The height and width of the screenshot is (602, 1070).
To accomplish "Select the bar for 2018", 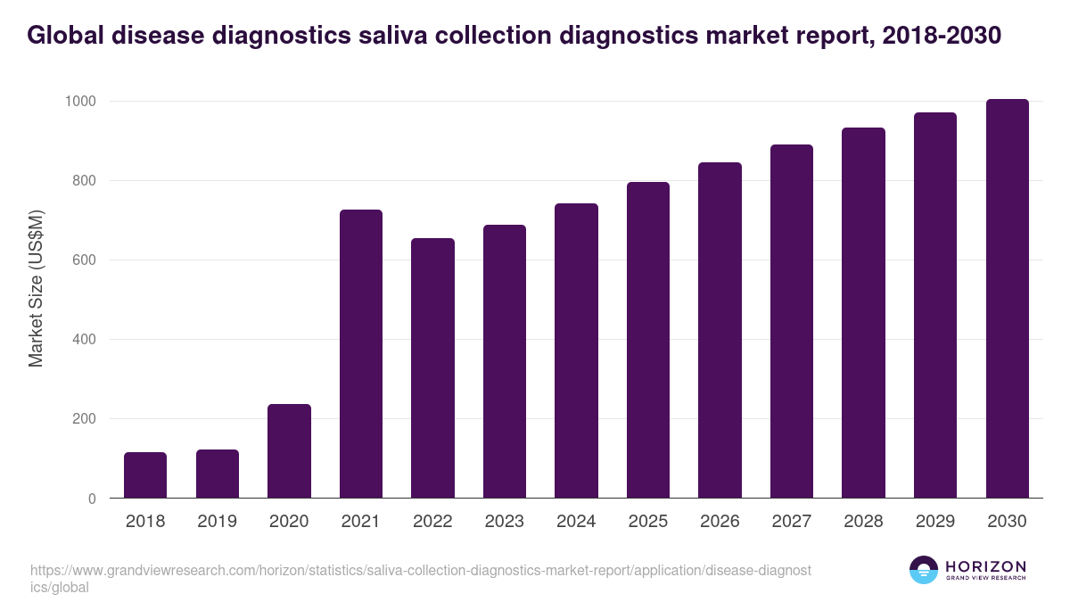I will pos(145,475).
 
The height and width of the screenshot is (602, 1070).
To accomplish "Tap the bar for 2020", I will pos(289,451).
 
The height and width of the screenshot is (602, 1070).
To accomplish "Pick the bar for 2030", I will pos(1007,299).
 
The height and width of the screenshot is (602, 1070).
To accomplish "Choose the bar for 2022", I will pos(432,368).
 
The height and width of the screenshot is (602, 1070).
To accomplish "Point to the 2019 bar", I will pos(218,474).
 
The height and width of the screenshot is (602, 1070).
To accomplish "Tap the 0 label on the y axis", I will pos(91,499).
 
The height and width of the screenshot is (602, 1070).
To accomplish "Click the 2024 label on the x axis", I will pos(576,522).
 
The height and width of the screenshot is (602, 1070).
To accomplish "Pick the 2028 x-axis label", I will pos(863,522).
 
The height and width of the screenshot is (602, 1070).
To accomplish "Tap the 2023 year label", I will pos(505,522).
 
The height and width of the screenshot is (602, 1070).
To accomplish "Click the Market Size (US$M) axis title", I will pos(36,288).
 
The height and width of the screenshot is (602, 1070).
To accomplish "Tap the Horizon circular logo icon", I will pos(924,570).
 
